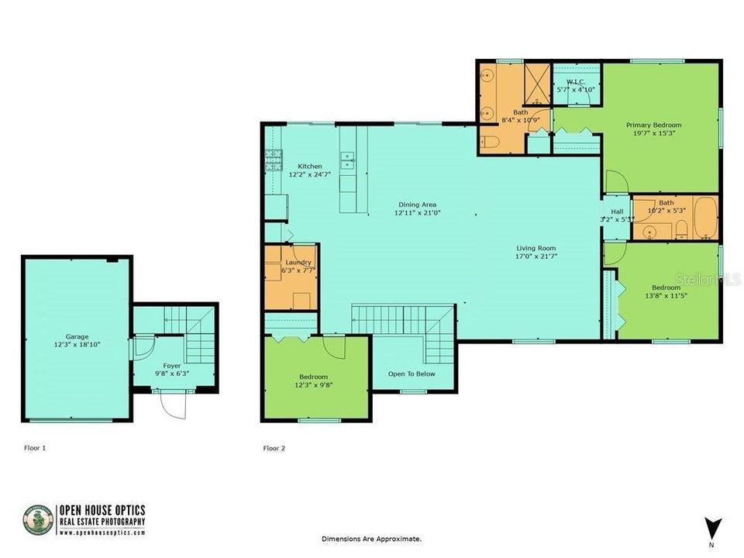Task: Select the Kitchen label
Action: [x=310, y=167]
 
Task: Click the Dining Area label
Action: [x=418, y=204]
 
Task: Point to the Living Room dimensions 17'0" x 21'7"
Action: [x=537, y=256]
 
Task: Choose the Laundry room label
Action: [x=298, y=263]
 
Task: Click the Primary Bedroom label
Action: [x=654, y=125]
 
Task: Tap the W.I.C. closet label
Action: [x=576, y=81]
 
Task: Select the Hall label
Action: [x=617, y=211]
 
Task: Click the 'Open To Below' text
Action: [x=412, y=374]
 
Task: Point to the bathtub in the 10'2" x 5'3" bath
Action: [x=703, y=219]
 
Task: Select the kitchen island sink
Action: [x=347, y=160]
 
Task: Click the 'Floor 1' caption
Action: [x=35, y=448]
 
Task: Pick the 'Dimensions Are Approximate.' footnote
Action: [x=372, y=538]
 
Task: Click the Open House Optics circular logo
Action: [x=38, y=520]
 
